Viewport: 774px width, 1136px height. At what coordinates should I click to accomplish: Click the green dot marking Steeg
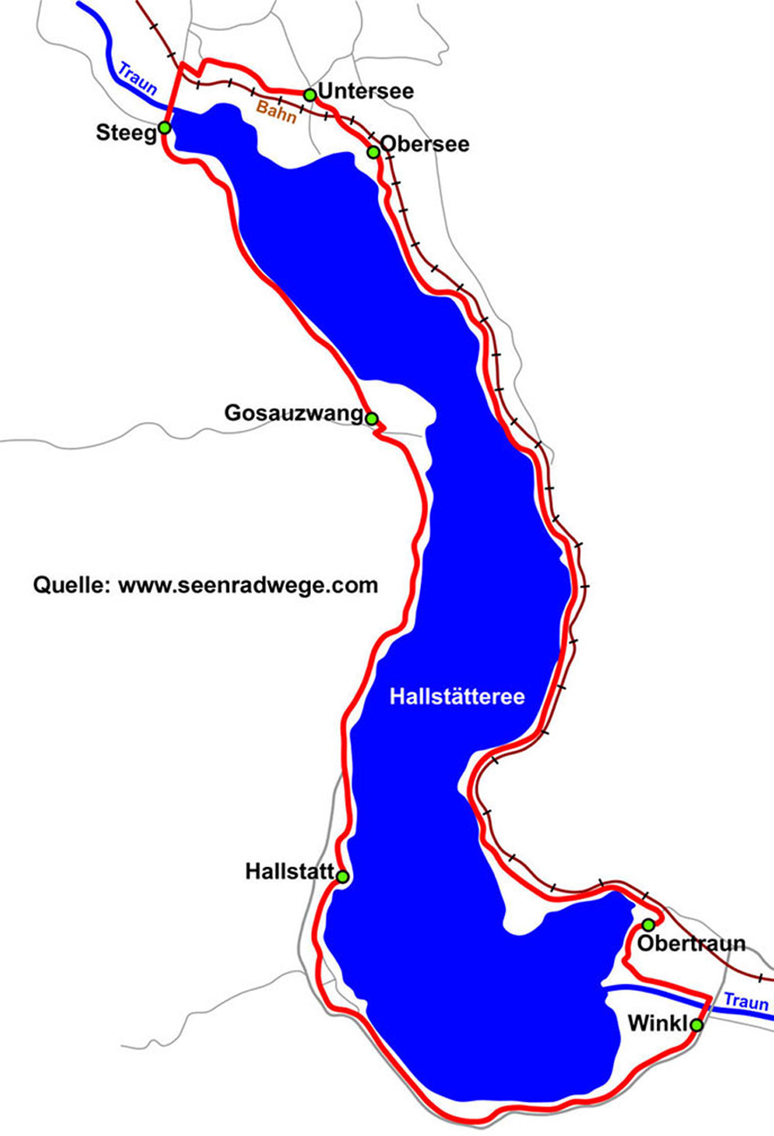tap(164, 128)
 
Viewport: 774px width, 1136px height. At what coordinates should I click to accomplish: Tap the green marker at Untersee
tap(310, 94)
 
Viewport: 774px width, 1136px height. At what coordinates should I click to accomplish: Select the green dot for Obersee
tap(373, 152)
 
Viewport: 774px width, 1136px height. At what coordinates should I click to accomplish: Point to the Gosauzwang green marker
tap(372, 419)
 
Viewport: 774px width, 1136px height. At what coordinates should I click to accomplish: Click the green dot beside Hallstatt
tap(342, 876)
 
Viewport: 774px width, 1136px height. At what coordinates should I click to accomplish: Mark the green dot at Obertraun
tap(649, 925)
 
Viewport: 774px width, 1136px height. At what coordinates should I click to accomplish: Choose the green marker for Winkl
tap(696, 1025)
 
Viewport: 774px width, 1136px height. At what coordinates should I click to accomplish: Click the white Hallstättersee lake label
tap(457, 696)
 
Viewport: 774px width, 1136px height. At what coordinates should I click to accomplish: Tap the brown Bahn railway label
tap(276, 111)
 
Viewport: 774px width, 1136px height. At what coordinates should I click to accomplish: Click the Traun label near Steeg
tap(137, 77)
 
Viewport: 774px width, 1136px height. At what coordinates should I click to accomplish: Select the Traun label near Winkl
tap(746, 1002)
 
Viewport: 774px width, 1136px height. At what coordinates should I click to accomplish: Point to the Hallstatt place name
tap(289, 871)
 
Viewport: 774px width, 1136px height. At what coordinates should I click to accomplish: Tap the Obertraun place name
tap(691, 943)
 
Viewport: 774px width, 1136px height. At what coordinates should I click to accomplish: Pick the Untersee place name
tap(365, 91)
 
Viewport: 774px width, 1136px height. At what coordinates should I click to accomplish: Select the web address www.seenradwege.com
tap(248, 585)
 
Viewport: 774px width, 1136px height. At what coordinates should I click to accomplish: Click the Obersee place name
tap(425, 144)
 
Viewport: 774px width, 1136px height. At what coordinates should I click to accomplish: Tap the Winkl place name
tap(657, 1024)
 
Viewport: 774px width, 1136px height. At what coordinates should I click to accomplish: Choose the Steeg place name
tap(126, 132)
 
